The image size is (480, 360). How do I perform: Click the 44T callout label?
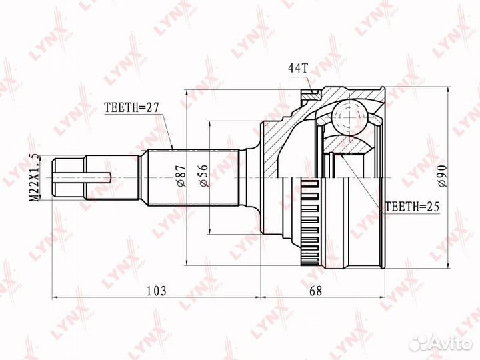click(x=297, y=68)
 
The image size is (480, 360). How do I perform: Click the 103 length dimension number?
click(x=155, y=290)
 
